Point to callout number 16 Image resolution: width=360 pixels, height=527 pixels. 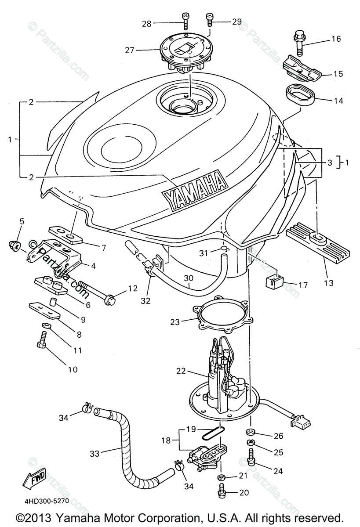(336, 39)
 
